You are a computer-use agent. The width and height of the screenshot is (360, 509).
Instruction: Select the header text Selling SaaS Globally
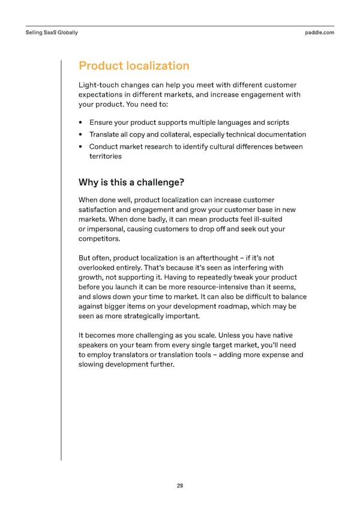52,32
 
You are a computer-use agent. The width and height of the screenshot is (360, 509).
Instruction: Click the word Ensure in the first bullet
101,123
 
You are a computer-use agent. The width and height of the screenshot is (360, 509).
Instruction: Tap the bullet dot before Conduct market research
82,146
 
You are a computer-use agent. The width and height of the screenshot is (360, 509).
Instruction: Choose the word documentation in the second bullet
281,134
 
